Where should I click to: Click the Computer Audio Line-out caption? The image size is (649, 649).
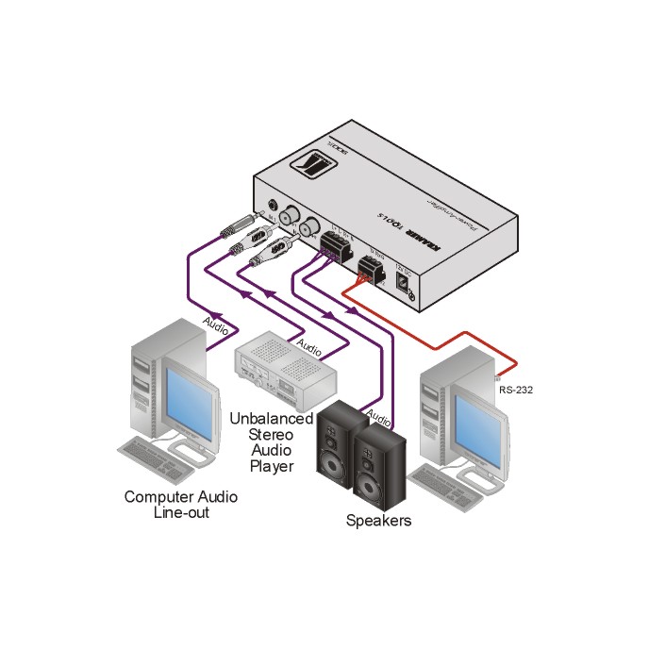click(x=181, y=505)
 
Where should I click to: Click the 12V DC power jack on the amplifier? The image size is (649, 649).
click(x=411, y=288)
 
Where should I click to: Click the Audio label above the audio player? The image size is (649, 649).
click(x=308, y=347)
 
